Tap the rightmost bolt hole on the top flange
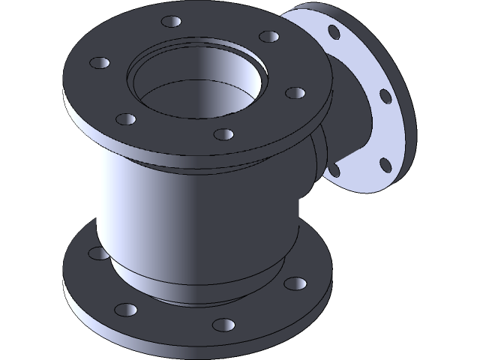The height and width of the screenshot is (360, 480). click(x=296, y=93)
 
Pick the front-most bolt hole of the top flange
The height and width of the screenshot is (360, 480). click(x=223, y=133)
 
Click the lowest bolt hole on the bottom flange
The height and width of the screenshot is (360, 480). click(x=223, y=325)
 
